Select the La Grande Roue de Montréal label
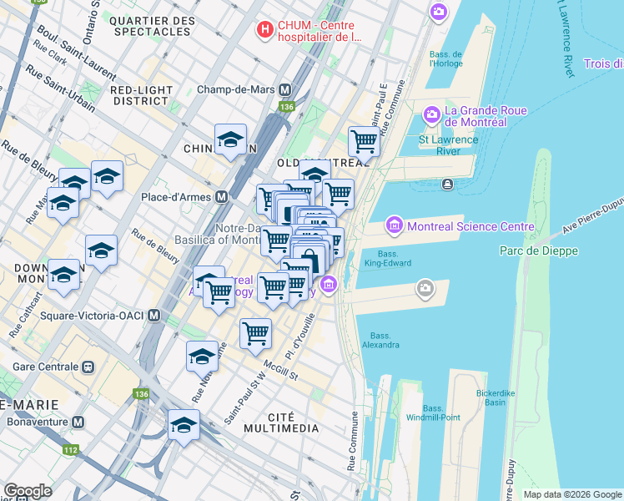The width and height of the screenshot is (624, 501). click(476, 116)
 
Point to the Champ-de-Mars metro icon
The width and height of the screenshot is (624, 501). click(285, 89)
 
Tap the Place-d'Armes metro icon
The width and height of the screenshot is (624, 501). click(222, 197)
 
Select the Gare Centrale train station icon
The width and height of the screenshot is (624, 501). click(87, 367)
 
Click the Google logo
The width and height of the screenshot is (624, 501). click(28, 491)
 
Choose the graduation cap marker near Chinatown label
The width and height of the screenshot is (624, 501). click(230, 140)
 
